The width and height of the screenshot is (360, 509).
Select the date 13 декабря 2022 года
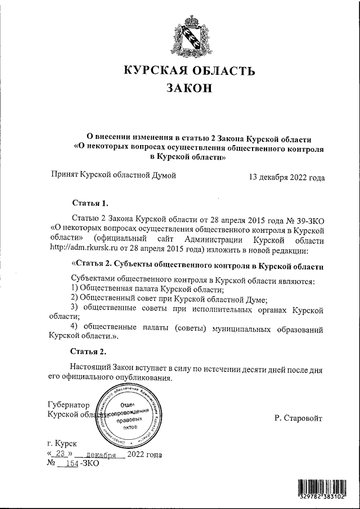point(287,178)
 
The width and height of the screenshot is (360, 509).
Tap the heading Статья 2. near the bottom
point(87,352)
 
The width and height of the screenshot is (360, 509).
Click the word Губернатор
point(69,404)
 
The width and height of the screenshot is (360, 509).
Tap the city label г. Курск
point(63,444)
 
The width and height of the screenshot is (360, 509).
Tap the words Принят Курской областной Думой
point(113,175)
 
